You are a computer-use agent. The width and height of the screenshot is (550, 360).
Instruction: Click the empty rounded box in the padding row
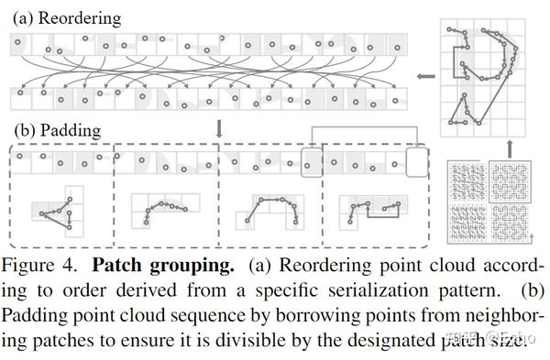416,164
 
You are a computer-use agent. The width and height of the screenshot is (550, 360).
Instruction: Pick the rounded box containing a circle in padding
313,164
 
